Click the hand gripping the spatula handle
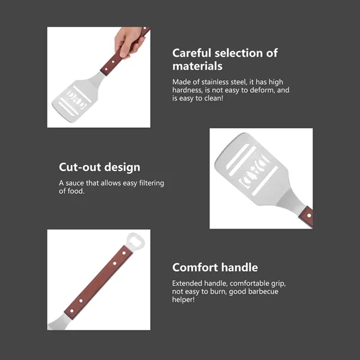129,41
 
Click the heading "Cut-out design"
100,167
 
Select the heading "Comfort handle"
215,267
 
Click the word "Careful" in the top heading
191,53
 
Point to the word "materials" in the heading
197,66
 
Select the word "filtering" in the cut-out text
152,183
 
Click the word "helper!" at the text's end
184,299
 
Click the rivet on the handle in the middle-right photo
309,215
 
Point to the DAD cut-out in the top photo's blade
76,100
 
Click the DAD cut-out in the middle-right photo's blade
254,171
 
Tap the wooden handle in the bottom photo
98,283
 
